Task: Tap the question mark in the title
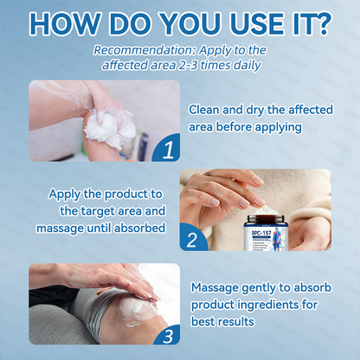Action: tap(323, 23)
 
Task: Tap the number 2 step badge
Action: tap(194, 239)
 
